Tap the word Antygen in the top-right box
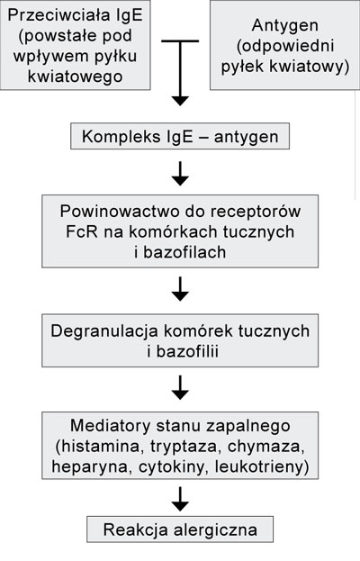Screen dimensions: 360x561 [x=285, y=26]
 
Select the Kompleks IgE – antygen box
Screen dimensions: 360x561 [x=180, y=136]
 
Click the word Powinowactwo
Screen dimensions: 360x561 [x=119, y=211]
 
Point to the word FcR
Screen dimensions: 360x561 [x=82, y=231]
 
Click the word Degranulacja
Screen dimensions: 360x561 [x=104, y=331]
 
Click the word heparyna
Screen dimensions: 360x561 [x=89, y=467]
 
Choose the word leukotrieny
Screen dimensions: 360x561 [x=258, y=467]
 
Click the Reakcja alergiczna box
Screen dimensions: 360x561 [x=180, y=529]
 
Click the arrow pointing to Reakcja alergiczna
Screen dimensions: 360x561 [x=180, y=499]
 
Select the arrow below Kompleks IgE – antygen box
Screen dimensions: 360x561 [x=180, y=173]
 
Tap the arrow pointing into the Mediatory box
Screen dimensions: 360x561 [x=180, y=387]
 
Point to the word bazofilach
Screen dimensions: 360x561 [x=184, y=252]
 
